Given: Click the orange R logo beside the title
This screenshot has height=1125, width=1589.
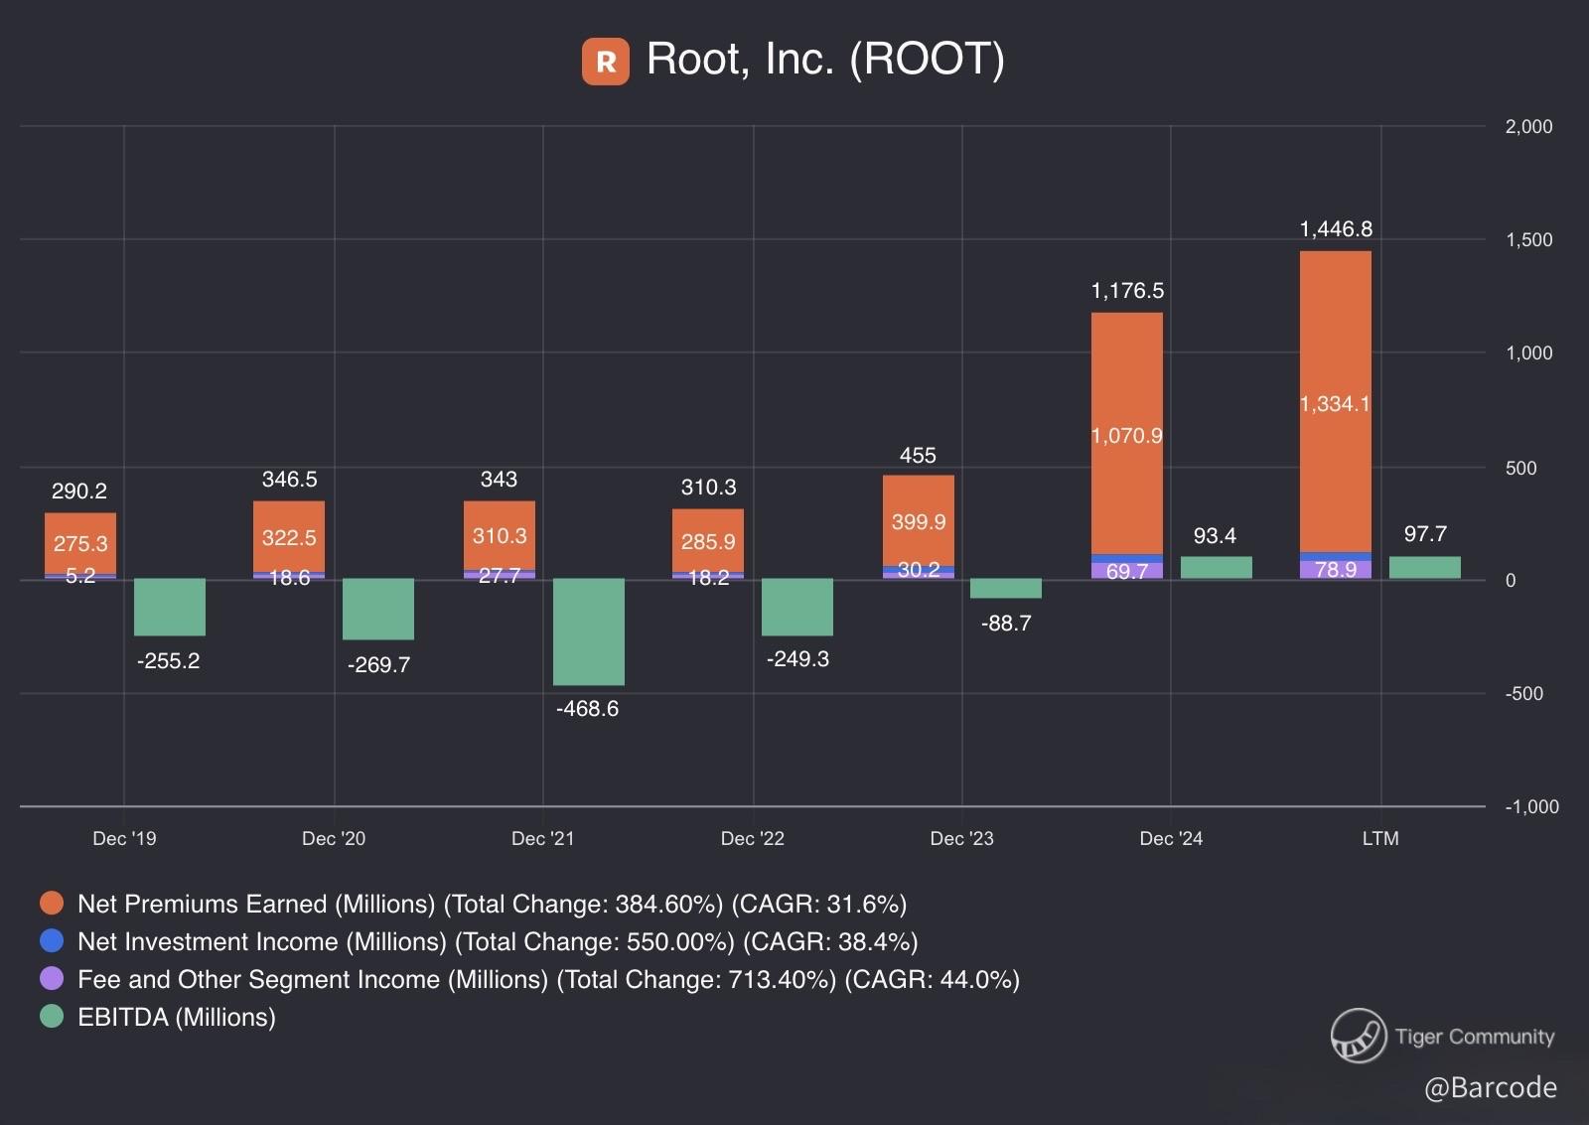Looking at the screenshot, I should click(x=605, y=62).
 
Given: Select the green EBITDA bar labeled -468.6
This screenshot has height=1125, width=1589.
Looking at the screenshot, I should click(x=588, y=632).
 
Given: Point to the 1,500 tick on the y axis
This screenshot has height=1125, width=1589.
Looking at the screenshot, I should click(x=1528, y=239).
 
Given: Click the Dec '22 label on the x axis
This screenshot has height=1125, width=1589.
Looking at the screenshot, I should click(x=752, y=839).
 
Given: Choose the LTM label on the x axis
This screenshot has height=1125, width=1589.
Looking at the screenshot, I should click(x=1379, y=839).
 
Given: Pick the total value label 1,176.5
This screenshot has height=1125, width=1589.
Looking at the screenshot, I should click(x=1127, y=291).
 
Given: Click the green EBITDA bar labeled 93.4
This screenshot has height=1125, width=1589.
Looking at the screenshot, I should click(x=1216, y=568).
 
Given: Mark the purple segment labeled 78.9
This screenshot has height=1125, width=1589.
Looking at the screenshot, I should click(x=1335, y=570).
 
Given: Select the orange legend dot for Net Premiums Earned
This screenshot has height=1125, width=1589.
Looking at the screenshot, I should click(x=52, y=903).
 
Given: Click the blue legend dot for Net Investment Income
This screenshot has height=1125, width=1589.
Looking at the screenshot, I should click(x=52, y=940).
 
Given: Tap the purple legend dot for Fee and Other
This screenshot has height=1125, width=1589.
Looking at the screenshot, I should click(x=52, y=978).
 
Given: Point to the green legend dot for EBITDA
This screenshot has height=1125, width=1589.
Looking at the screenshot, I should click(x=52, y=1016).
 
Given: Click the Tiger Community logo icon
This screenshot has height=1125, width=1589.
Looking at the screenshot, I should click(x=1358, y=1036).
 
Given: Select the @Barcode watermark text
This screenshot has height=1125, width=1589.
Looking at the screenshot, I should click(x=1490, y=1088).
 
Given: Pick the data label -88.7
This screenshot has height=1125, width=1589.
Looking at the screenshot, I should click(x=1005, y=624).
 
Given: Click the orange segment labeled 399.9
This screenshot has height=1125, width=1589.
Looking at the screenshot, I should click(x=918, y=521).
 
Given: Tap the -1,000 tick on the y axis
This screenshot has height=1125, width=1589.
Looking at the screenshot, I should click(x=1531, y=806).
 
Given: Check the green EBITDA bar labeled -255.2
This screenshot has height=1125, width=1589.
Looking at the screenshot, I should click(x=170, y=607).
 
